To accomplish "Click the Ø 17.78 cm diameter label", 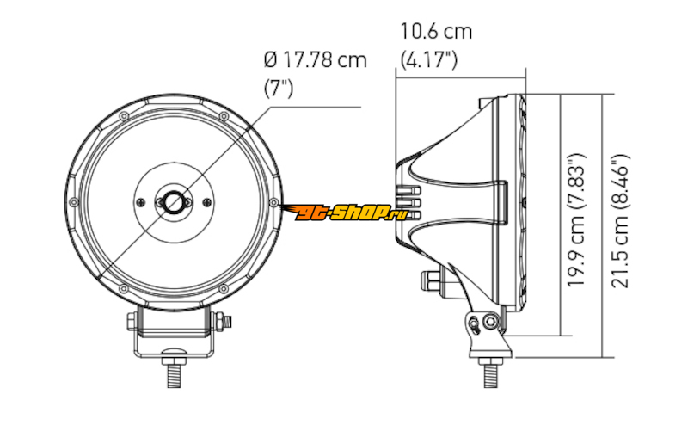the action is (x=315, y=60).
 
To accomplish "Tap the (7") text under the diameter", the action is (x=278, y=89).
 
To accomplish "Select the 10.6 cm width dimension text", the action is (x=436, y=32).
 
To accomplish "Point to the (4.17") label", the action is (x=428, y=59).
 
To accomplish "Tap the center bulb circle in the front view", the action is (x=174, y=202).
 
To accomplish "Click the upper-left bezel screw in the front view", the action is (x=124, y=116).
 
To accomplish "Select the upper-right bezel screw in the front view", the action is (x=224, y=116).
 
